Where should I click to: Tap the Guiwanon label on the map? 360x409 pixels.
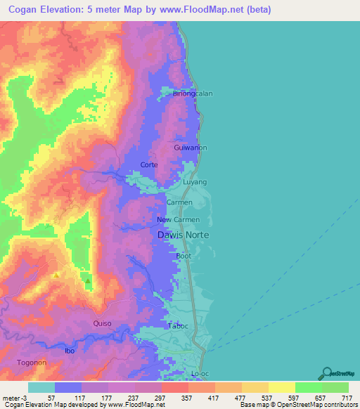(191, 148)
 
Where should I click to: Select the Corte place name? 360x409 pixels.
(149, 164)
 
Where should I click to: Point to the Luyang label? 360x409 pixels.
(195, 182)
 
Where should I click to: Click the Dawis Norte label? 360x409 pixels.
(182, 235)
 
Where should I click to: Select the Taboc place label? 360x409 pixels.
(179, 326)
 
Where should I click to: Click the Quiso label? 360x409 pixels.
(102, 323)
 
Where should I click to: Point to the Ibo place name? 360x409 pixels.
(70, 350)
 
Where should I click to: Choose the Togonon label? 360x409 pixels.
(32, 363)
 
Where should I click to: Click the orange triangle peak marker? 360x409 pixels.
(56, 275)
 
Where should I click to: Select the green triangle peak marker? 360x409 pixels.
(88, 280)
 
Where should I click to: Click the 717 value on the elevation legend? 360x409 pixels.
(347, 397)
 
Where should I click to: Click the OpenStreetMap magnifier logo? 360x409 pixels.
(326, 373)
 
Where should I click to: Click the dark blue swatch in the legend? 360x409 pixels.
(68, 387)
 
